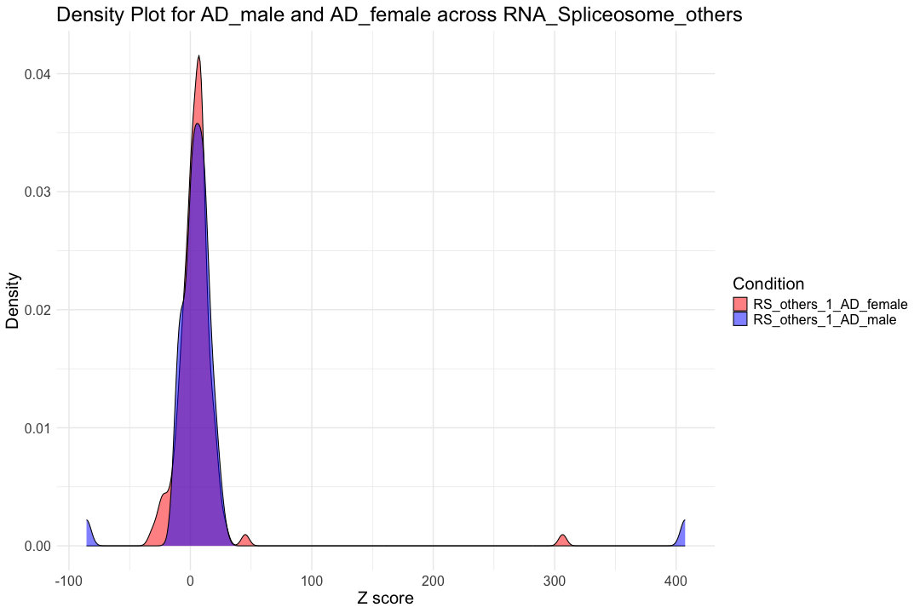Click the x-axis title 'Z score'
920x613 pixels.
point(385,599)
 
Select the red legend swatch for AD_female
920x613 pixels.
point(740,305)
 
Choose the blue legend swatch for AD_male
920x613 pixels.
point(740,319)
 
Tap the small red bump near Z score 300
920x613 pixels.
point(562,541)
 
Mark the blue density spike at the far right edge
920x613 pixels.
point(683,535)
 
